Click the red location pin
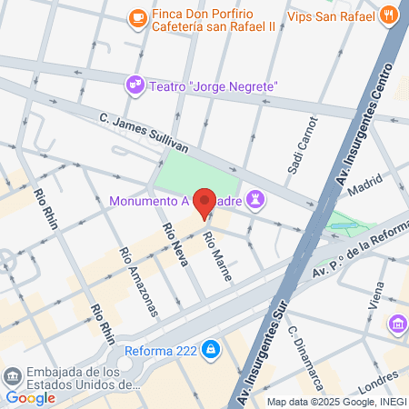tap(205, 204)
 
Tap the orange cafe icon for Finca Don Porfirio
tap(136, 16)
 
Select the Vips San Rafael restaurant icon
tap(388, 15)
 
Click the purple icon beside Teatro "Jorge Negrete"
tap(135, 85)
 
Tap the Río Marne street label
tap(217, 254)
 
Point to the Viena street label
tap(378, 294)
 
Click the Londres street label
tap(378, 378)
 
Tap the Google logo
tap(30, 397)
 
